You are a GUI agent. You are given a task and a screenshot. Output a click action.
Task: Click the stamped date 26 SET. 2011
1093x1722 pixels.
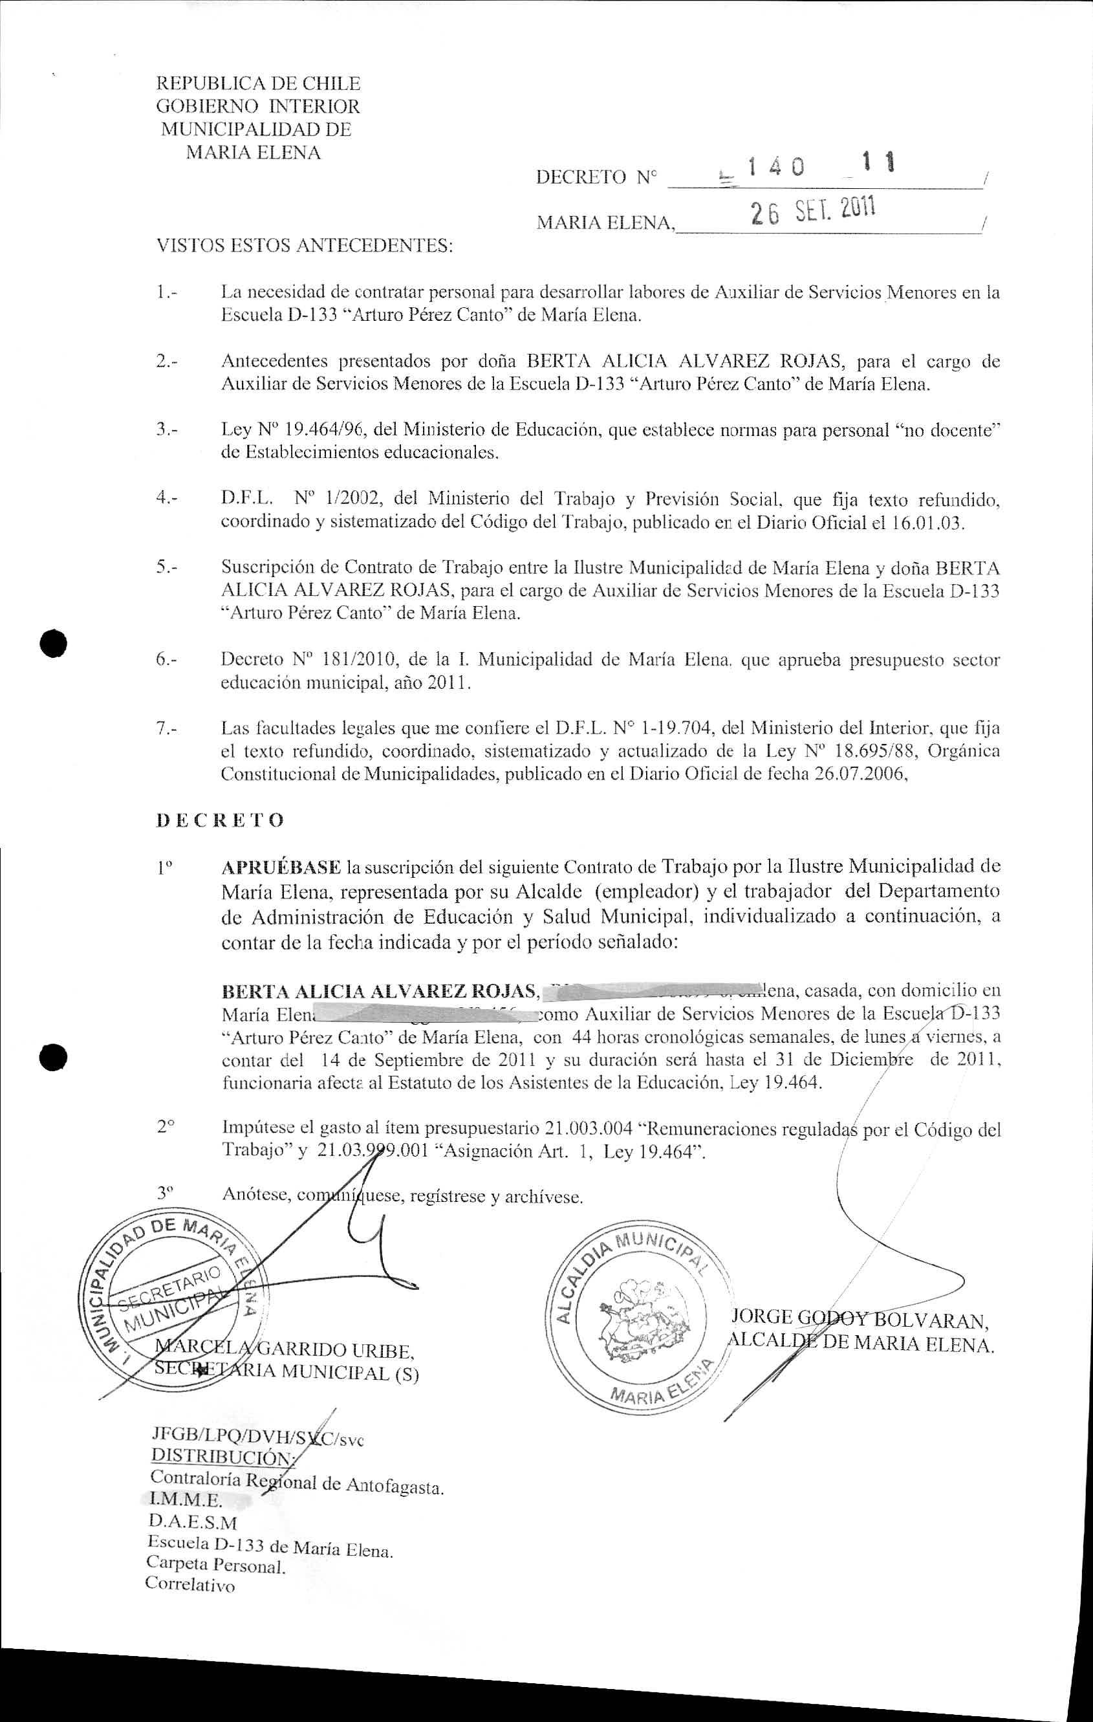click(813, 212)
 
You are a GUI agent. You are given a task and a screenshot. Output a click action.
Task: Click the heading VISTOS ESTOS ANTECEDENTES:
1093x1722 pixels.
click(305, 246)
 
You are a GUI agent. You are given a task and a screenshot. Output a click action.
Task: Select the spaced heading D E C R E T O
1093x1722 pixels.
click(219, 820)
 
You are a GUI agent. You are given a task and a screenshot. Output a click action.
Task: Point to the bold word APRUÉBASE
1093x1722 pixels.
click(281, 867)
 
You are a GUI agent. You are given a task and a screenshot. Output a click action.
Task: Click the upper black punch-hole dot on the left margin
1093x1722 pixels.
click(54, 643)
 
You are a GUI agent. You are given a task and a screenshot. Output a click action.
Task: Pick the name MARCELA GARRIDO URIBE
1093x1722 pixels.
click(285, 1350)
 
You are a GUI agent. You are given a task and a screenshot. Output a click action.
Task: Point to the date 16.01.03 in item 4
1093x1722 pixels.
click(927, 523)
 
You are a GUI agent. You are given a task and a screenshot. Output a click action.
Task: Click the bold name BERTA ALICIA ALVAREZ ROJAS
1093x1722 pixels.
click(380, 991)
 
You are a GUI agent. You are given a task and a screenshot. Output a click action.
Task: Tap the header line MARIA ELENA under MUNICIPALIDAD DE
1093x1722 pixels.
click(253, 152)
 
